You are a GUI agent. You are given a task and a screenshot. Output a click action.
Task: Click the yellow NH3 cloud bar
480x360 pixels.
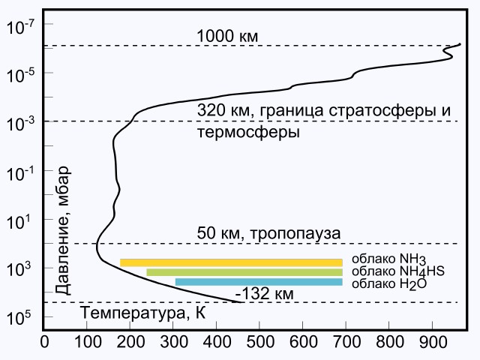[x=231, y=262]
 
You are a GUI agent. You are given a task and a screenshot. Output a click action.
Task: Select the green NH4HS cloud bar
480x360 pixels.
[x=244, y=272]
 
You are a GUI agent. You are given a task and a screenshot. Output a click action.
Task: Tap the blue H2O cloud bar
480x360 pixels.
[x=259, y=282]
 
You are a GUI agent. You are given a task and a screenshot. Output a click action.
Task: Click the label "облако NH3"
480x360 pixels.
[x=388, y=259]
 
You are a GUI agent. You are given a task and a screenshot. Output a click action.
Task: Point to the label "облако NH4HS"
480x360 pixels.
[x=398, y=271]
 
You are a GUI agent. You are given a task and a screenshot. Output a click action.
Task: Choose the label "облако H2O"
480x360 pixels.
[x=389, y=284]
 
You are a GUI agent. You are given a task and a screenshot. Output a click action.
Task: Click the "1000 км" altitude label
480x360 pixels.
[x=227, y=36]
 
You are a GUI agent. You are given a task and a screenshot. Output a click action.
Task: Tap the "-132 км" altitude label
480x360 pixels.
[x=264, y=294]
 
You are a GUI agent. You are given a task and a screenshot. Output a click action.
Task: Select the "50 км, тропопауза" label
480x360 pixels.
[x=268, y=233]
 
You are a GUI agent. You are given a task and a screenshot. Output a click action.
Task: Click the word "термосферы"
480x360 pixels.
[x=248, y=133]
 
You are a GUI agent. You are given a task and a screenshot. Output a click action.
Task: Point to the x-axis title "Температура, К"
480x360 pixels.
[x=142, y=313]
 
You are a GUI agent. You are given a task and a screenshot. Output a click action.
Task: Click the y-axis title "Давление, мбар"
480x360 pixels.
[x=63, y=230]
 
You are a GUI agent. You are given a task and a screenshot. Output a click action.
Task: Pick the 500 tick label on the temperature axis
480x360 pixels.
[x=260, y=342]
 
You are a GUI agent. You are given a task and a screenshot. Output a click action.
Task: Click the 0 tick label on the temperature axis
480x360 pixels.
[x=45, y=342]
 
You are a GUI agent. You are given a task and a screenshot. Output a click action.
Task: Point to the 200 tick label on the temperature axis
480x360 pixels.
[x=130, y=342]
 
